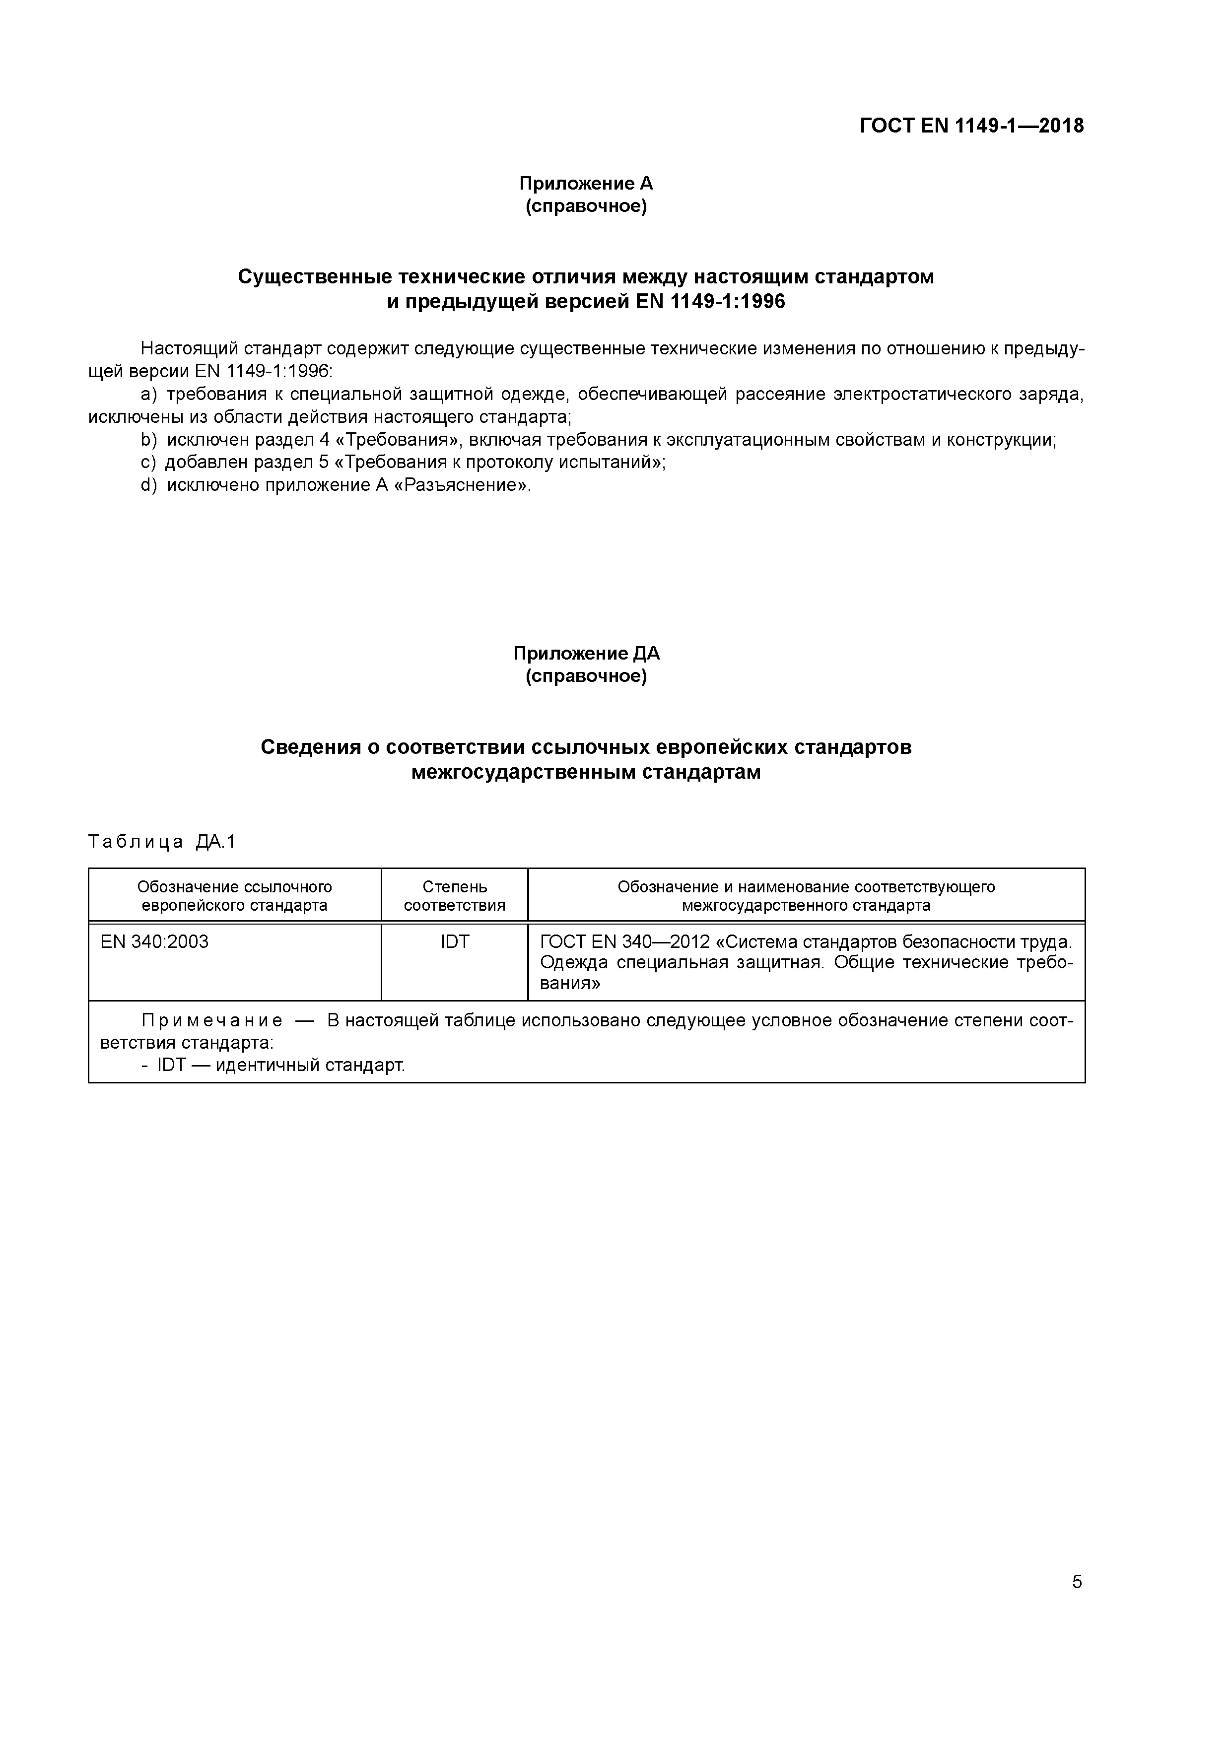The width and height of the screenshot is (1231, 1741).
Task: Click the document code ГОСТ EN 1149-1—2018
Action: point(971,126)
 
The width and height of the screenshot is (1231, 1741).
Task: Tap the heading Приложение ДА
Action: point(586,654)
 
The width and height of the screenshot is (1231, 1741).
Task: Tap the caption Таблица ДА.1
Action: point(161,842)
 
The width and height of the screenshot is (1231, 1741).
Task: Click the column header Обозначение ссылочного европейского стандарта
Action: point(234,895)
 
